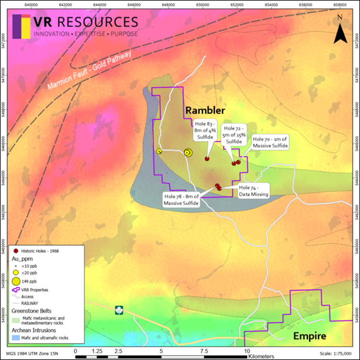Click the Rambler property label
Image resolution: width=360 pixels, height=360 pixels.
(x=205, y=111)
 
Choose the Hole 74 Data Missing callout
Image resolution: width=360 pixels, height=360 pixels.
(x=251, y=191)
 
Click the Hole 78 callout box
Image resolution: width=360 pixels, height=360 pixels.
(x=181, y=200)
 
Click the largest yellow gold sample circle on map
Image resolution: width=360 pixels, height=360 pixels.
(x=188, y=152)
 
